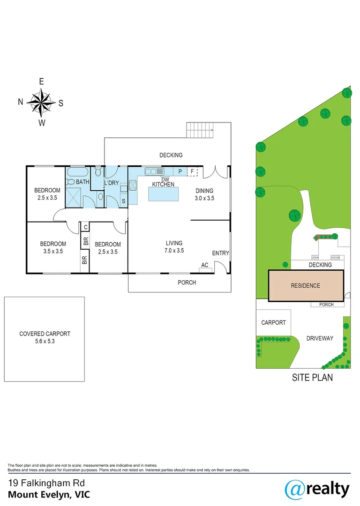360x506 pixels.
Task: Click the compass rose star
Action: [x=41, y=102]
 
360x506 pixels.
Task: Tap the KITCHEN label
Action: [x=163, y=184]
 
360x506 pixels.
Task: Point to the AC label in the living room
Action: [x=205, y=265]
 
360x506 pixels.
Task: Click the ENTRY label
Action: [x=220, y=253]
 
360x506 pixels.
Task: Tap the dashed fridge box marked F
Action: [x=192, y=172]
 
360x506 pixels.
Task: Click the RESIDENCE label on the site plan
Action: [x=305, y=286]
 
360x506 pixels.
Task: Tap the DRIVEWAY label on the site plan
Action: [x=320, y=338]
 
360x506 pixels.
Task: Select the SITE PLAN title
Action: [x=312, y=377]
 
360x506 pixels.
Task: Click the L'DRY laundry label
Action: [x=112, y=183]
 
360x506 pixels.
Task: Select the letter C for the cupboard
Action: [x=85, y=227]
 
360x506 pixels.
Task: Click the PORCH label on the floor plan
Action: [x=187, y=283]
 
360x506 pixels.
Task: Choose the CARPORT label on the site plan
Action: [x=273, y=322]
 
